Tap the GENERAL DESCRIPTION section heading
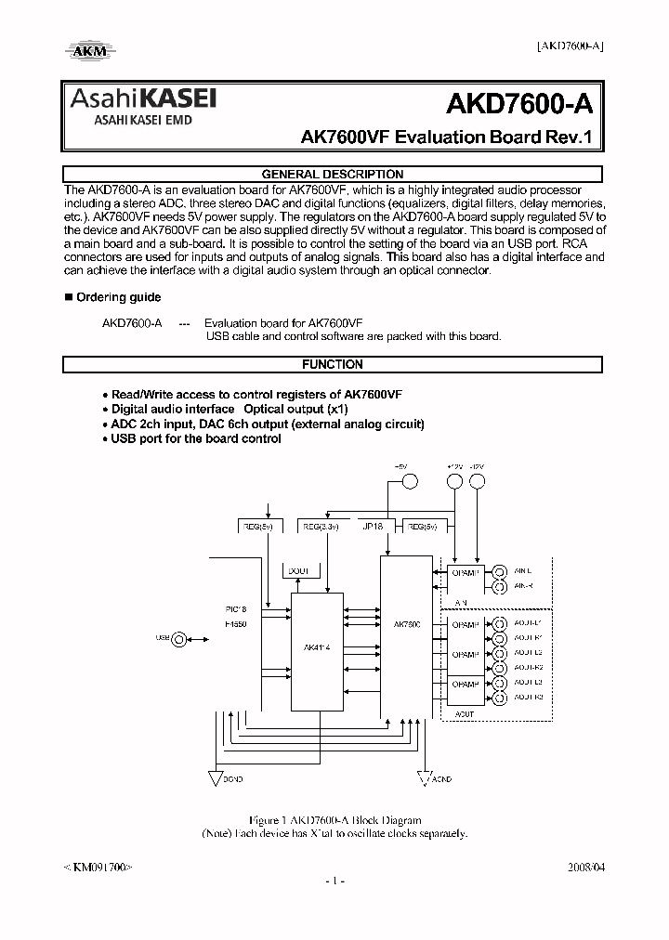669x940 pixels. [x=333, y=175]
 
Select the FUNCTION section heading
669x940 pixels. [x=333, y=365]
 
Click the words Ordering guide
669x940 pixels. [x=118, y=297]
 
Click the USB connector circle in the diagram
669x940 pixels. [x=178, y=638]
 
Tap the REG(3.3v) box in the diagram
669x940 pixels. [x=321, y=526]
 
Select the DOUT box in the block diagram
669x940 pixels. [x=299, y=571]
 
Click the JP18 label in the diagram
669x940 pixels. [x=374, y=526]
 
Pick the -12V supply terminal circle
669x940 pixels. [x=478, y=481]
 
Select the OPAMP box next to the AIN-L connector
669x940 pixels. [x=464, y=577]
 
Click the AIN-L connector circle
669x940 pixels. [x=500, y=571]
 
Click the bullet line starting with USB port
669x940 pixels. [x=195, y=438]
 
